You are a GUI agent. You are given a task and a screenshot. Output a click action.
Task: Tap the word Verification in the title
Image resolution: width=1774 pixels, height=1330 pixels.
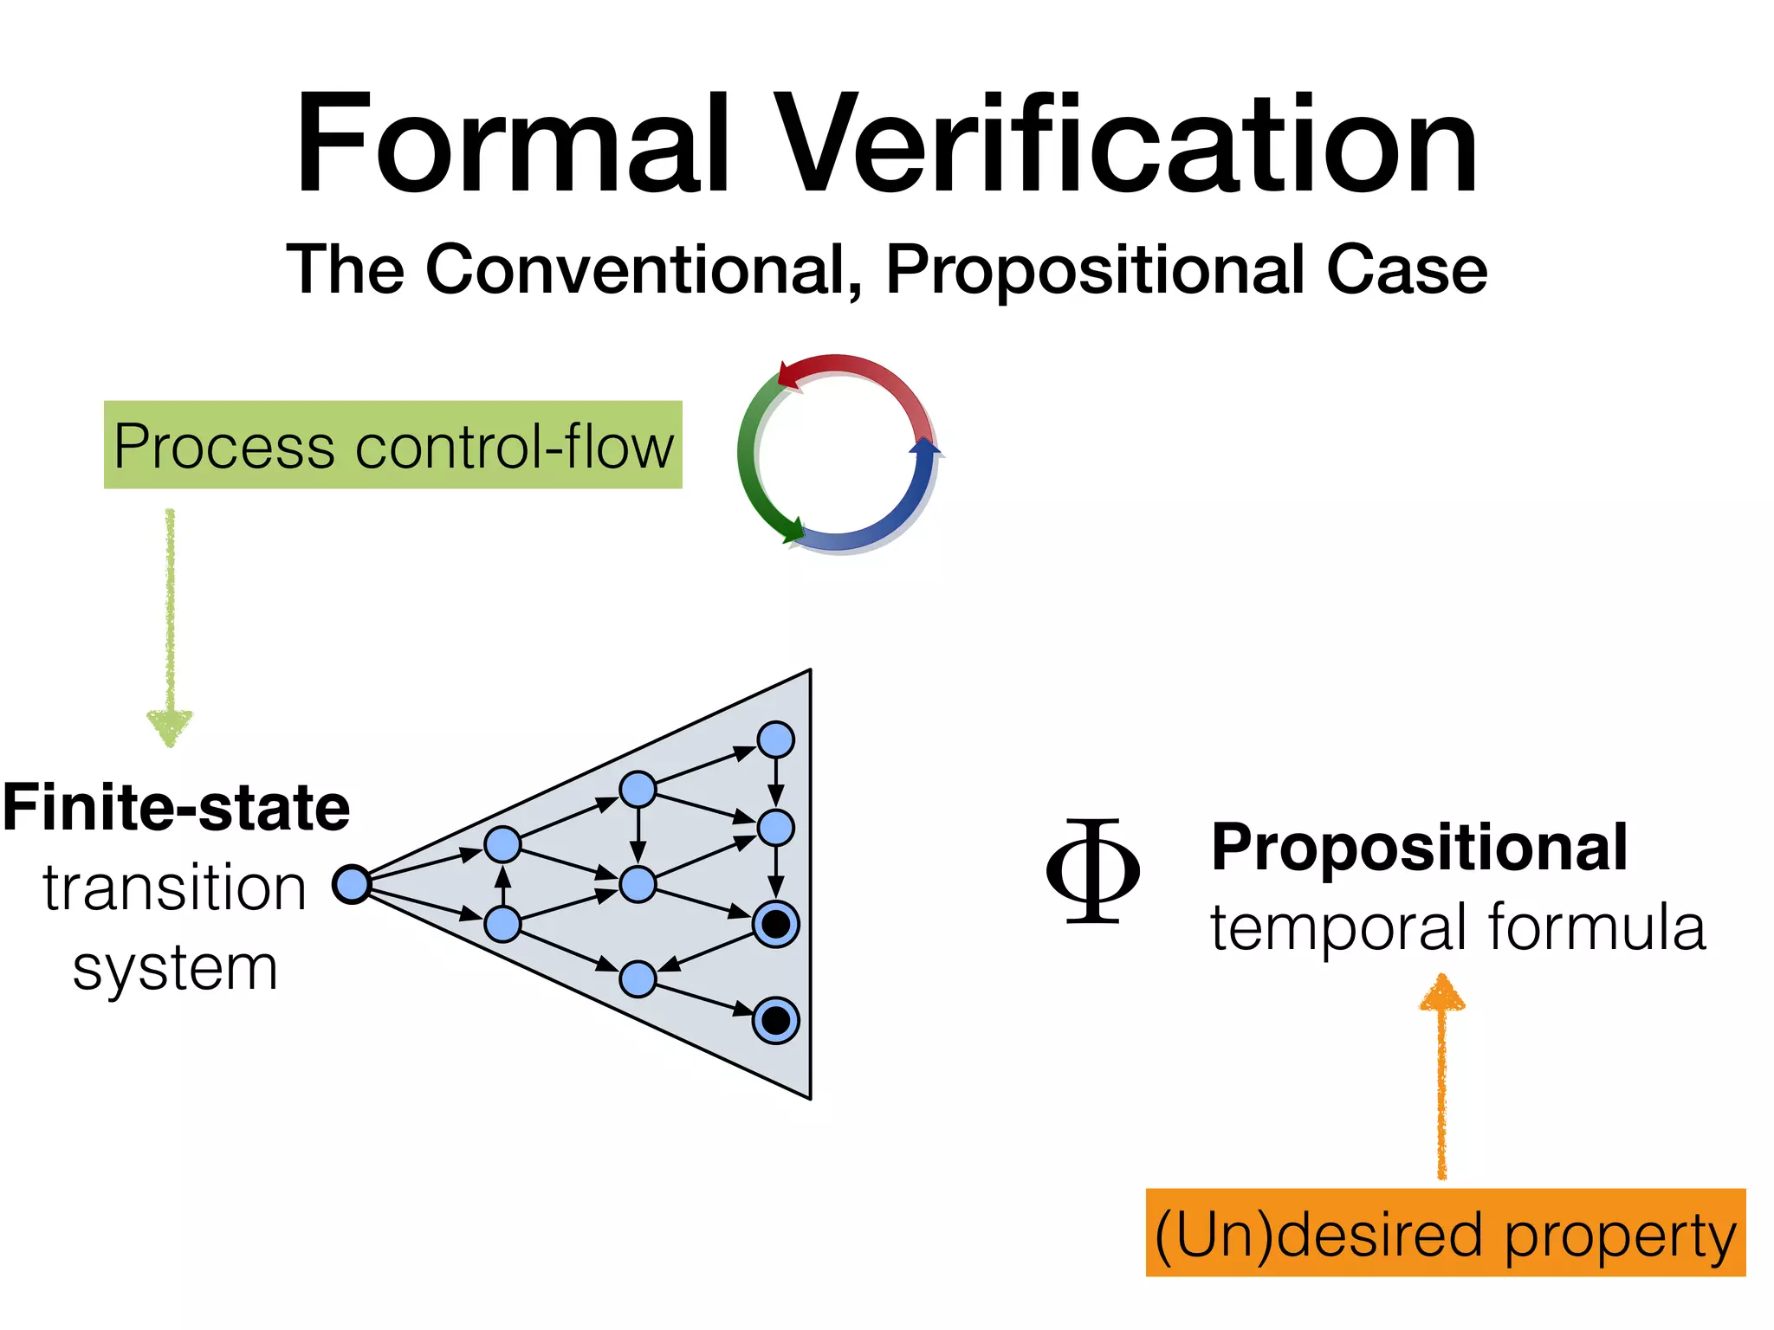tap(1126, 145)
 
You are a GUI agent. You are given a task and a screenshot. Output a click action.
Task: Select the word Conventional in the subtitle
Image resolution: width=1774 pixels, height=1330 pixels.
tap(643, 269)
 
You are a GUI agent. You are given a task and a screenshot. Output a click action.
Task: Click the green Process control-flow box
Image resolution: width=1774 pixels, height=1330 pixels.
tap(392, 445)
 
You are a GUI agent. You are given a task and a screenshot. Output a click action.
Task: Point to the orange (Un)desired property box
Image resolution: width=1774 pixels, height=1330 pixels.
tap(1445, 1233)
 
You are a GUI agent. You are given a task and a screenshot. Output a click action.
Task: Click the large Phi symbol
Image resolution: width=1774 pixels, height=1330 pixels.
tap(1092, 871)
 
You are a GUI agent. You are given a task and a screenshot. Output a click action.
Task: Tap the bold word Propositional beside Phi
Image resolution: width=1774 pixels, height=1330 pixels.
tap(1419, 847)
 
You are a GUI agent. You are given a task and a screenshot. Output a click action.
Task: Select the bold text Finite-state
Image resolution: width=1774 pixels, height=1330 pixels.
tap(177, 807)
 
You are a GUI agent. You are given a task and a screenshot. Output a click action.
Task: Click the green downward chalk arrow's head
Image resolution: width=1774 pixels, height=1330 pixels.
tap(170, 726)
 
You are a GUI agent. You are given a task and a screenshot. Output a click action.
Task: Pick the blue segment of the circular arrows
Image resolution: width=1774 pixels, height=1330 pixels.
tap(901, 511)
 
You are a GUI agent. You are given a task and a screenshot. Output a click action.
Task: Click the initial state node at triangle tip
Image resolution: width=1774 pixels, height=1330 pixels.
tap(352, 884)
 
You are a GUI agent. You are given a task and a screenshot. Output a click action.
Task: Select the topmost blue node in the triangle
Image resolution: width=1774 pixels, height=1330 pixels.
tap(775, 739)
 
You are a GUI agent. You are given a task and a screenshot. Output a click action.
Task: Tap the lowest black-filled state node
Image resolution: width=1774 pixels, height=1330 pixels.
tap(775, 1020)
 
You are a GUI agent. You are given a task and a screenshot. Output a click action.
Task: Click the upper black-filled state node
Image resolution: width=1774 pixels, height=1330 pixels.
tap(775, 924)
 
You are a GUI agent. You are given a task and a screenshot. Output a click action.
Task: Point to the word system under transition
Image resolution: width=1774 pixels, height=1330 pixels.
tap(175, 968)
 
